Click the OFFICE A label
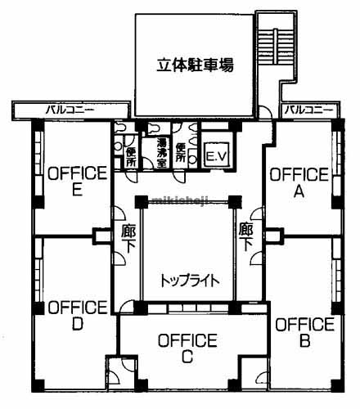click(299, 182)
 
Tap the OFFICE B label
click(304, 331)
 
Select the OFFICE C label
click(187, 347)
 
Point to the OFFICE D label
click(78, 315)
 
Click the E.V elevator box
click(216, 155)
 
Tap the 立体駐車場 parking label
click(196, 65)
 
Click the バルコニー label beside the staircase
click(308, 109)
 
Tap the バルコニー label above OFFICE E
click(70, 109)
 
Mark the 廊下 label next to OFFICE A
click(245, 236)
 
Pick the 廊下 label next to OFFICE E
click(128, 236)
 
